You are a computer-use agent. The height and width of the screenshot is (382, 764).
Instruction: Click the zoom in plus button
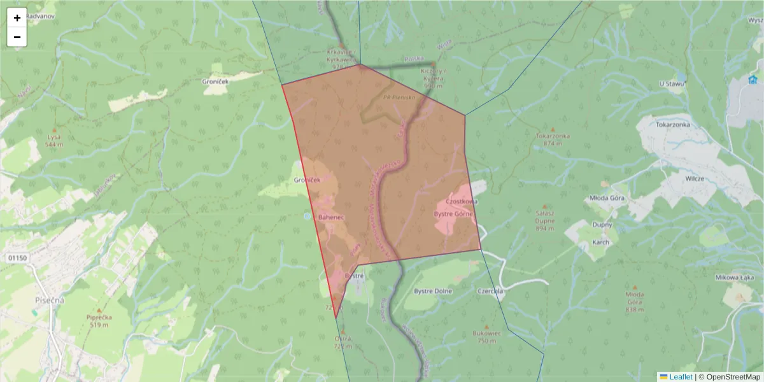17,18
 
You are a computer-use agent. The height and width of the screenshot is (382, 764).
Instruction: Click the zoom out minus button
17,37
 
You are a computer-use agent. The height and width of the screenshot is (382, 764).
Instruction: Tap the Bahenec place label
331,217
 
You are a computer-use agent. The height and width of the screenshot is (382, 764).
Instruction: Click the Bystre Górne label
453,214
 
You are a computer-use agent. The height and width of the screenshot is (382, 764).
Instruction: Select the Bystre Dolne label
433,291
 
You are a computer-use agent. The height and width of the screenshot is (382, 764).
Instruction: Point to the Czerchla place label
490,291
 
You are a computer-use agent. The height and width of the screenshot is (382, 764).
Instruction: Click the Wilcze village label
694,179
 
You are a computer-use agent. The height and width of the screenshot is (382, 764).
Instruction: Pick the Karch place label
600,242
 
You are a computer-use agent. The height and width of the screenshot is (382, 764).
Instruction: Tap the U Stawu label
671,83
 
